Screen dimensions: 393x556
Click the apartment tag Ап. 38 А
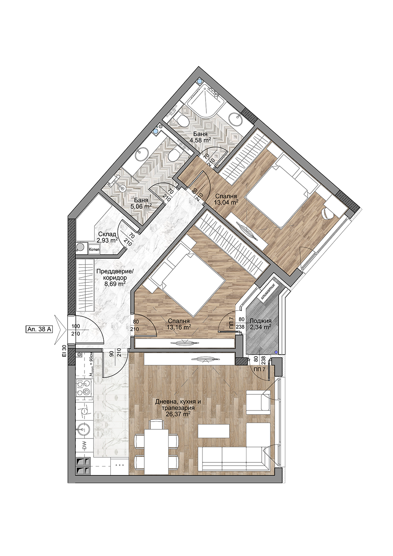click(x=39, y=330)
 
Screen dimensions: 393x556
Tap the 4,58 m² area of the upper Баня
click(x=200, y=140)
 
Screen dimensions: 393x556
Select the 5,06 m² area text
click(x=141, y=206)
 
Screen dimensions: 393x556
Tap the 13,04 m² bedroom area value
click(x=226, y=202)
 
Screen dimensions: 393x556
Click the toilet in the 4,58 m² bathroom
click(x=184, y=121)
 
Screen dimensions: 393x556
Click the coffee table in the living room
click(x=213, y=431)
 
